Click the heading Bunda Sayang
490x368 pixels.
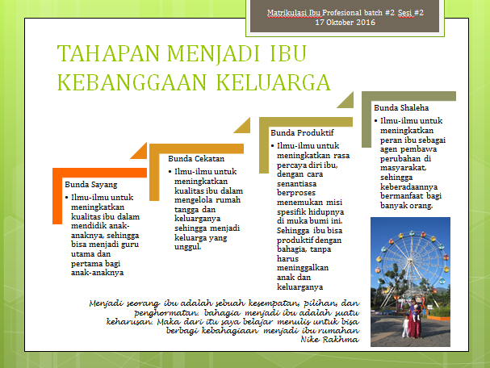point(91,185)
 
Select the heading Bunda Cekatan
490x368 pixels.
point(196,159)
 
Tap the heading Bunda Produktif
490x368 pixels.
point(302,133)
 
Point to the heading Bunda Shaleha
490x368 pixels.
point(401,108)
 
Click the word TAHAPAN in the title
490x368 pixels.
point(108,53)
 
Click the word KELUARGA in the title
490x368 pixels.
point(273,82)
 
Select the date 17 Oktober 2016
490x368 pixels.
point(345,23)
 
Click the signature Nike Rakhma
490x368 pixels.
point(329,340)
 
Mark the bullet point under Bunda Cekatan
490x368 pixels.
point(170,172)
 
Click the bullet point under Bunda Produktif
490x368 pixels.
point(273,146)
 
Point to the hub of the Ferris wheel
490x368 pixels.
point(410,260)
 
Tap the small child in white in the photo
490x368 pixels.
point(405,327)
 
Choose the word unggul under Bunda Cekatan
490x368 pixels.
point(187,247)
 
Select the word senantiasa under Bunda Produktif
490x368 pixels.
point(296,184)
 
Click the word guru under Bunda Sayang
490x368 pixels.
point(130,245)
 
